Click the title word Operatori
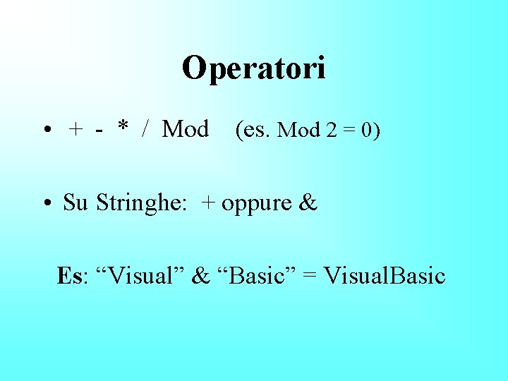[x=254, y=68]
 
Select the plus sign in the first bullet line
[x=75, y=131]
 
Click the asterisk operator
[x=123, y=128]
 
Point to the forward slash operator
[x=145, y=130]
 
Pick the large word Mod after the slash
[x=186, y=130]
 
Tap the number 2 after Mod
[x=331, y=131]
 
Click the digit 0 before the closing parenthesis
[x=370, y=131]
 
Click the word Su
[x=75, y=203]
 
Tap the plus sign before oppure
[x=208, y=204]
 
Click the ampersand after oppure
[x=308, y=203]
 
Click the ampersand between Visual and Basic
[x=201, y=275]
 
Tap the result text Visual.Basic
[x=384, y=275]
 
